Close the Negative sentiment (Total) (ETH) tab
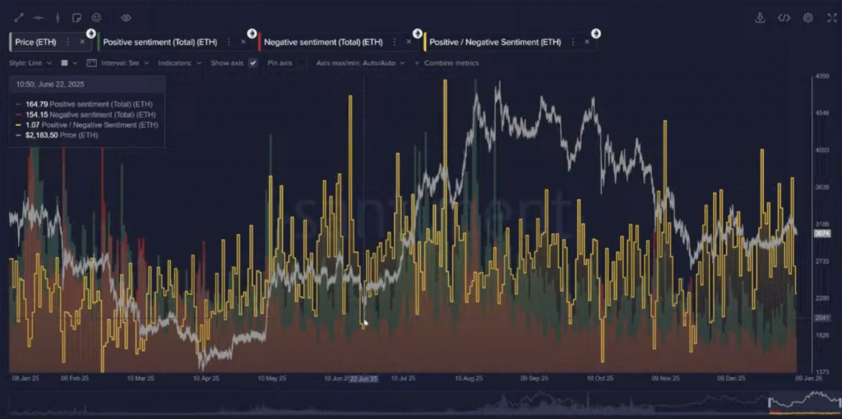[x=409, y=42]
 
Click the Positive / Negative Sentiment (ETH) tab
[x=496, y=42]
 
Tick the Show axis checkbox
[x=253, y=62]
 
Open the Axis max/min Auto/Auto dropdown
[x=360, y=62]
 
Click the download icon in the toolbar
[x=760, y=17]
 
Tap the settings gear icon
[x=808, y=17]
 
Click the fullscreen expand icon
[x=830, y=17]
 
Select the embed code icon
[x=784, y=17]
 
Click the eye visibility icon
[x=126, y=17]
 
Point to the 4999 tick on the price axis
[x=821, y=76]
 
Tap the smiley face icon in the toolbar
[x=96, y=17]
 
